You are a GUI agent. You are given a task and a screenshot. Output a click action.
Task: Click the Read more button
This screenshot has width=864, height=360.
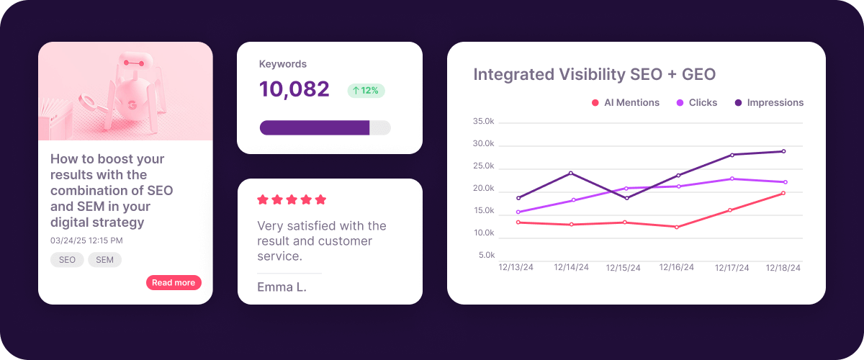click(174, 283)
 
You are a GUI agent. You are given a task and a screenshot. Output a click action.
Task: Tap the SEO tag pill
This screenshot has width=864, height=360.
click(67, 260)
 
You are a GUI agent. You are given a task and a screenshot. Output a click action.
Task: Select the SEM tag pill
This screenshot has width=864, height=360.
click(104, 260)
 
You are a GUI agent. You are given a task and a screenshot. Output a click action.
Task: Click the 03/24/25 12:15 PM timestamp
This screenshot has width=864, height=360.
click(86, 240)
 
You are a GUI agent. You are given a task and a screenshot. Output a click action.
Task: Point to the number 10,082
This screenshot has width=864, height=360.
click(294, 89)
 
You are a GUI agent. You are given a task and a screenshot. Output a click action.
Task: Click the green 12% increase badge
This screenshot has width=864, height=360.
click(366, 91)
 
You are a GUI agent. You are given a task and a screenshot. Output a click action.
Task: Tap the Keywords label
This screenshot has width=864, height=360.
click(283, 64)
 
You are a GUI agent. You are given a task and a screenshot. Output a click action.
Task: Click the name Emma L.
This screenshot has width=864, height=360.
click(282, 287)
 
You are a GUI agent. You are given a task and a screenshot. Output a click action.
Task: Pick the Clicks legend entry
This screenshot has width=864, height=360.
click(696, 103)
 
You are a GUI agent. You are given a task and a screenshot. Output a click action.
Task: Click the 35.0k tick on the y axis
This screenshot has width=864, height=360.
click(484, 122)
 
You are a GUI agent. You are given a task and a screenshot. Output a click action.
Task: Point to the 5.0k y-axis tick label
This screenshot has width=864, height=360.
click(487, 256)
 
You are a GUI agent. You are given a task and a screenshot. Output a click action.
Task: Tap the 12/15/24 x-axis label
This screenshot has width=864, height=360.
click(623, 268)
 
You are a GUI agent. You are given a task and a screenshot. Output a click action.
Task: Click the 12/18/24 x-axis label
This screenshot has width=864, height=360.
click(783, 268)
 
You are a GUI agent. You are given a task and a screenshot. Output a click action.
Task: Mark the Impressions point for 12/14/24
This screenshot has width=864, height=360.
click(571, 173)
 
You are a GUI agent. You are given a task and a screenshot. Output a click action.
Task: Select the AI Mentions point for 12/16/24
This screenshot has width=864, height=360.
click(677, 227)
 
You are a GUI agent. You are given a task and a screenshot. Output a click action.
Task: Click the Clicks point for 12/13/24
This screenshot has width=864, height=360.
click(518, 212)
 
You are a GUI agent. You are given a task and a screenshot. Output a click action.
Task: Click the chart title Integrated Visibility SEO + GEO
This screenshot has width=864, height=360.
click(594, 75)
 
